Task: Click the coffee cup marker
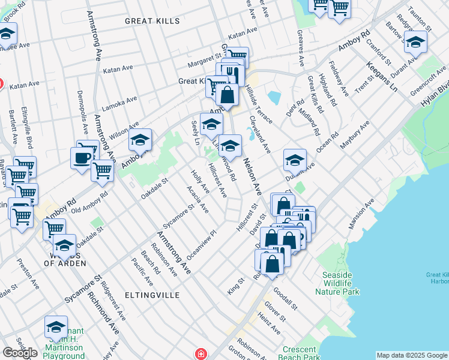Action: click(x=82, y=158)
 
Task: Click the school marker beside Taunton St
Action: click(x=414, y=43)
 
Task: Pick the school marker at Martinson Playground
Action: click(x=56, y=328)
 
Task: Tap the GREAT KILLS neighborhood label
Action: click(x=152, y=21)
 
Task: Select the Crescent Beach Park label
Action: click(x=299, y=353)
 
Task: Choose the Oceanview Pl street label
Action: click(x=201, y=245)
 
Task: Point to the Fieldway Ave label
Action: click(x=340, y=81)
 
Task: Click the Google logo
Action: click(x=20, y=353)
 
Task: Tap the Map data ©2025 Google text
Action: click(x=412, y=355)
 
